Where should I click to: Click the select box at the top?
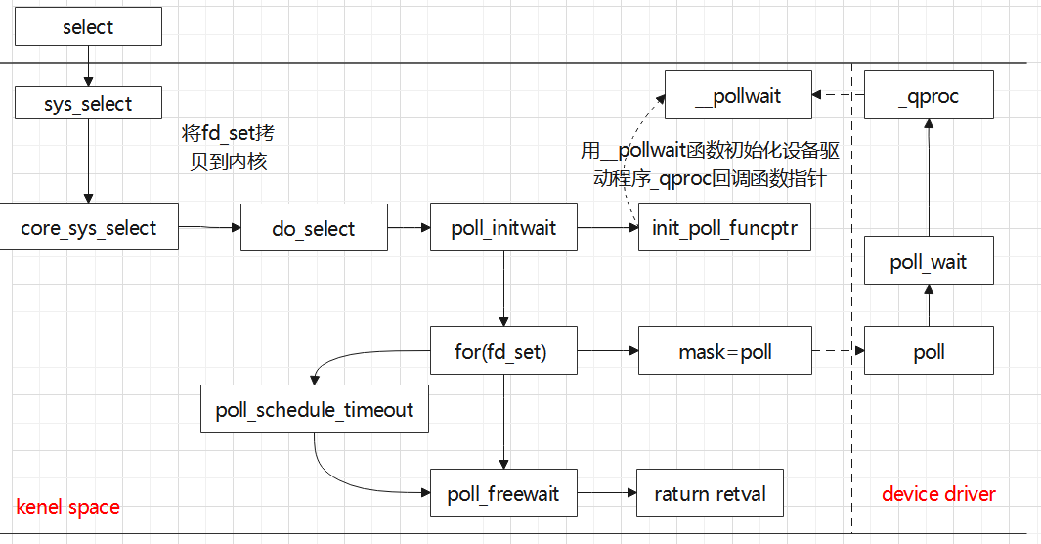[88, 27]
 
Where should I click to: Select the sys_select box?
[88, 104]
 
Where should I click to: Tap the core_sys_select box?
[89, 228]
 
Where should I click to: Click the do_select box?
[314, 228]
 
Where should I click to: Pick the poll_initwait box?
[503, 228]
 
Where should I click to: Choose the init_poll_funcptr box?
[724, 228]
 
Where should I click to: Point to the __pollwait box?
[738, 96]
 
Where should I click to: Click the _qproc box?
[929, 96]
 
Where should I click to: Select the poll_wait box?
[929, 262]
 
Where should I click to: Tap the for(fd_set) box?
[503, 351]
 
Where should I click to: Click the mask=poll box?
[724, 351]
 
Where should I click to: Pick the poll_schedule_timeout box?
[315, 410]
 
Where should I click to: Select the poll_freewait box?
[503, 493]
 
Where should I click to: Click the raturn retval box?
[710, 493]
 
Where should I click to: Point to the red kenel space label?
[68, 507]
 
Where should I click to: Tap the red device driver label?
[938, 494]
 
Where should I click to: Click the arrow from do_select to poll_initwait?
[409, 228]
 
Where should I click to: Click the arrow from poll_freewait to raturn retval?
[606, 493]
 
